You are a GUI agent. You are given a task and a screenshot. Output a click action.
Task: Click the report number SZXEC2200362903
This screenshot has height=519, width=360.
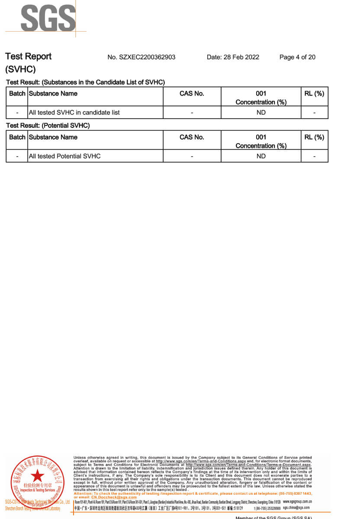coord(141,57)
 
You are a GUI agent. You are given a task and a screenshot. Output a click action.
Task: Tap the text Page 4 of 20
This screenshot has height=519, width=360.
coord(297,57)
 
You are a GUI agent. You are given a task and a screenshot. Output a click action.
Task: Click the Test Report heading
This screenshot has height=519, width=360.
coord(28,56)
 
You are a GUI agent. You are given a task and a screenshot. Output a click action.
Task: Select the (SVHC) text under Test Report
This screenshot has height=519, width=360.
coord(20,69)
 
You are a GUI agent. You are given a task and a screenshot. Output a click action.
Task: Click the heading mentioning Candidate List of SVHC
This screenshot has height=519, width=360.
coord(85,82)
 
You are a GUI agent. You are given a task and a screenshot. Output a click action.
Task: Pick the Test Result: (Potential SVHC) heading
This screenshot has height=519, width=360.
coord(48,125)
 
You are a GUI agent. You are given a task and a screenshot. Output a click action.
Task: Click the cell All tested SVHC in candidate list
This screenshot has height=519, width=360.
coord(74,112)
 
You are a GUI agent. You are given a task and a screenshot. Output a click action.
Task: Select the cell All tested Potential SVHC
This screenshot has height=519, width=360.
coord(64,156)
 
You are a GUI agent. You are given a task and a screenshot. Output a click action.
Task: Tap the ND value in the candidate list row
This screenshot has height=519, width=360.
coord(261,112)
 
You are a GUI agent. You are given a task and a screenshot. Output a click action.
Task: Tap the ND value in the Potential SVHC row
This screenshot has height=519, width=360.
coord(261,156)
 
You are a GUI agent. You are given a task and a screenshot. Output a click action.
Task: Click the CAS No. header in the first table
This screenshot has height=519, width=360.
coord(192,93)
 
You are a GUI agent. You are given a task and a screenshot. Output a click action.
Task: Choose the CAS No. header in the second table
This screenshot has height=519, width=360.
coord(192,137)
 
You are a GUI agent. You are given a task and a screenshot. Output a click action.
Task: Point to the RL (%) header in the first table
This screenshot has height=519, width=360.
coord(314,93)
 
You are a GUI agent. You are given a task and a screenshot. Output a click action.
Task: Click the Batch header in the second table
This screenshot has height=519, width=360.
coord(17,137)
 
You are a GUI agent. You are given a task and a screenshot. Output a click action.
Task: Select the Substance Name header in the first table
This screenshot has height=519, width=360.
coord(53,93)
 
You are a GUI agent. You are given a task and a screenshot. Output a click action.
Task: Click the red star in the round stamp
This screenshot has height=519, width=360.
coord(37,476)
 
